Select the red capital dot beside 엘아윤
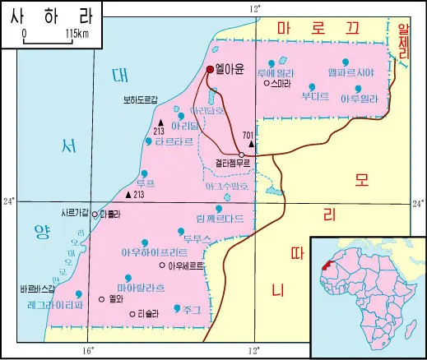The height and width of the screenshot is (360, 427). point(210,70)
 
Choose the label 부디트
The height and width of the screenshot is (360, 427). point(315,96)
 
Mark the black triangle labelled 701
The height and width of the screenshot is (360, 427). point(251,143)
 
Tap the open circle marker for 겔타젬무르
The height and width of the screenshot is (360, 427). point(241,155)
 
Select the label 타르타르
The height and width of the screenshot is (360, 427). point(174,141)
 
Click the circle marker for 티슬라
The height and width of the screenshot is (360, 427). point(132,312)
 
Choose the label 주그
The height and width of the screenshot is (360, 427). point(193,309)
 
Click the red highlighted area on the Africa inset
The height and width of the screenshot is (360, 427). point(329,266)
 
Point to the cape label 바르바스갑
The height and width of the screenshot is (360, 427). point(37,289)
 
